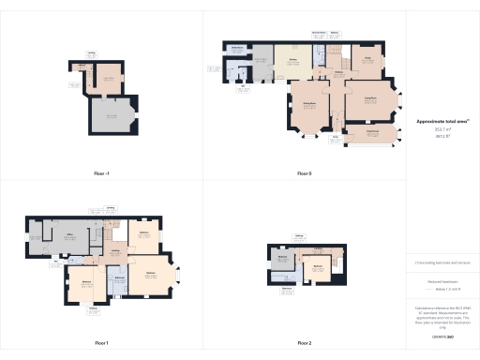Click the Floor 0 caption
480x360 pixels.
[305, 173]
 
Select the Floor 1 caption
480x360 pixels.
[101, 343]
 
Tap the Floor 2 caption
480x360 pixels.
[305, 343]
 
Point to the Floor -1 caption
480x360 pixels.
[101, 173]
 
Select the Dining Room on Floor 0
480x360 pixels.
[307, 109]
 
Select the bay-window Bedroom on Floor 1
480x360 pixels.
[149, 276]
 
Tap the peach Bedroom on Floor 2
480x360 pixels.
[318, 267]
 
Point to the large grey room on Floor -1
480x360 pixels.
[111, 116]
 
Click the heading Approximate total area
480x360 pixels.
[441, 121]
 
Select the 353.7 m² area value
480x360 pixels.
[441, 131]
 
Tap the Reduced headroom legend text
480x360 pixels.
[441, 279]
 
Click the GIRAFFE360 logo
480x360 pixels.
[441, 335]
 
